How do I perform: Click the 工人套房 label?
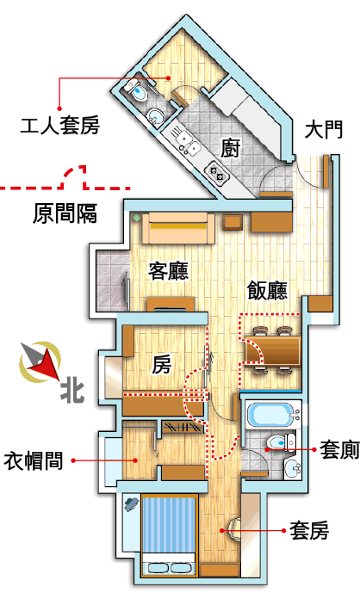click(59, 126)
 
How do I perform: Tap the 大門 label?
click(324, 130)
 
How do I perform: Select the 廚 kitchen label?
click(231, 148)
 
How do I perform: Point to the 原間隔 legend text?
click(65, 213)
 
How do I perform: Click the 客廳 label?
click(168, 270)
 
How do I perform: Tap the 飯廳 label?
click(267, 290)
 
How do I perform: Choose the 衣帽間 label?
click(34, 460)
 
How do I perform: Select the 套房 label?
click(309, 530)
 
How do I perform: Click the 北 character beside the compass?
click(72, 392)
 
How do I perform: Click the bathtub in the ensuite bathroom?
click(273, 415)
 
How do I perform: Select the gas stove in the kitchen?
click(217, 172)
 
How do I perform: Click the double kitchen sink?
click(188, 142)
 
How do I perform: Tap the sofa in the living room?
click(178, 228)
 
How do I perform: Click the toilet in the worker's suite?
click(137, 90)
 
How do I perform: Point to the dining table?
click(272, 350)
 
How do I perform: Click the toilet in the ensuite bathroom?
click(280, 442)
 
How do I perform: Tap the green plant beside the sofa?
click(136, 219)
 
